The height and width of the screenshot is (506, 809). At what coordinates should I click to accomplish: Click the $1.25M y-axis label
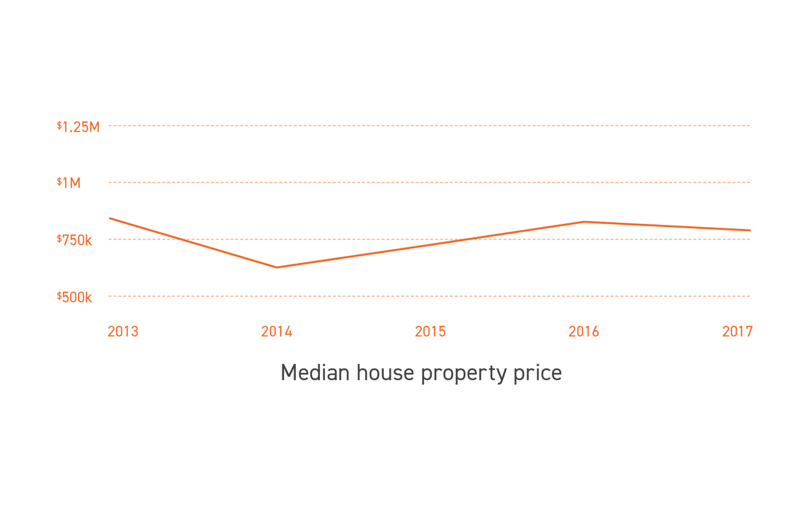pyautogui.click(x=78, y=127)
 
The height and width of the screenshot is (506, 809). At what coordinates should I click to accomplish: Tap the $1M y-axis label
pyautogui.click(x=69, y=183)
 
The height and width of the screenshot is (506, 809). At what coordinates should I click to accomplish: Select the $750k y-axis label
pyautogui.click(x=74, y=240)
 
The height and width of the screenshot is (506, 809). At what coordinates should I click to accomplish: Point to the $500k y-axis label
pyautogui.click(x=74, y=297)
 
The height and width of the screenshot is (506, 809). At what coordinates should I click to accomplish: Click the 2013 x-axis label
pyautogui.click(x=123, y=332)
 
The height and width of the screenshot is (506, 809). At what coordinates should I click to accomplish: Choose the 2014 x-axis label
pyautogui.click(x=277, y=332)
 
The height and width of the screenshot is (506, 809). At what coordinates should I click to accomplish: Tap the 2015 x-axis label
pyautogui.click(x=430, y=332)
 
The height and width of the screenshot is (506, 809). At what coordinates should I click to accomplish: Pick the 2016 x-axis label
pyautogui.click(x=584, y=332)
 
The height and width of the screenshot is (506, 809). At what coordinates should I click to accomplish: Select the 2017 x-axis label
pyautogui.click(x=737, y=332)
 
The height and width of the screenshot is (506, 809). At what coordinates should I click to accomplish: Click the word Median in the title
pyautogui.click(x=315, y=373)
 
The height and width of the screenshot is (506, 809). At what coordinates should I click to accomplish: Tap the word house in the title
pyautogui.click(x=385, y=373)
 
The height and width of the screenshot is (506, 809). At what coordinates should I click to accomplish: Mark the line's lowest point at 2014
pyautogui.click(x=277, y=267)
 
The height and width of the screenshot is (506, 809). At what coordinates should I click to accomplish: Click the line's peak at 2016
pyautogui.click(x=584, y=222)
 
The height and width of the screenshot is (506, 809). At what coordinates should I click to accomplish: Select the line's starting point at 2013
pyautogui.click(x=110, y=218)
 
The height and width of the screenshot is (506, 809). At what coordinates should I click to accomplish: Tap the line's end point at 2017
pyautogui.click(x=750, y=230)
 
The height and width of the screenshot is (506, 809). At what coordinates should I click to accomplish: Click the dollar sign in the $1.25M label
pyautogui.click(x=59, y=125)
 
